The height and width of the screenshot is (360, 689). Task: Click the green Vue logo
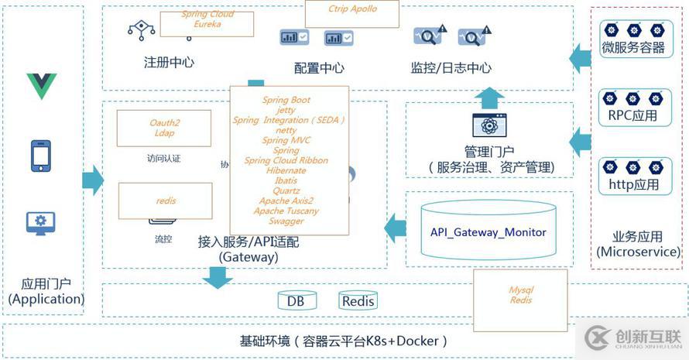point(42,86)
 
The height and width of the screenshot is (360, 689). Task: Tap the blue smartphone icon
point(41,156)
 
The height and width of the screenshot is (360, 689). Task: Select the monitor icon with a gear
point(41,223)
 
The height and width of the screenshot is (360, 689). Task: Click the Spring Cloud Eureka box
point(207,24)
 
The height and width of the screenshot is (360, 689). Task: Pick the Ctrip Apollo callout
point(352,14)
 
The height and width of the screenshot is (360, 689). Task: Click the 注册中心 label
point(169,63)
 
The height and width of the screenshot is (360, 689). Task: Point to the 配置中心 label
point(319,68)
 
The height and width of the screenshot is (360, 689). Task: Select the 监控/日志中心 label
point(451,68)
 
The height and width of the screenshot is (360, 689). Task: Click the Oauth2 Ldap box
point(163,128)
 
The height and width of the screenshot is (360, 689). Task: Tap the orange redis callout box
point(165,201)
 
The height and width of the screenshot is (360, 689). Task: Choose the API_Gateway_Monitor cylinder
point(488,231)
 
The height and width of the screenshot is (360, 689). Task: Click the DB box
point(295,301)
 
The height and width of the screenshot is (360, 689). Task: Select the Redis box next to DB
point(358,301)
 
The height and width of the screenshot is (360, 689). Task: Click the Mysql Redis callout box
point(520,294)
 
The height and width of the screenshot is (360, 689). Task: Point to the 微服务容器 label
point(632,49)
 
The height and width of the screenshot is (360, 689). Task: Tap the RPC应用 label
point(632,117)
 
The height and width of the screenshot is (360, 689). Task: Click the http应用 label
point(632,184)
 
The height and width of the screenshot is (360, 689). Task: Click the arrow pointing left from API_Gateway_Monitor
point(396,227)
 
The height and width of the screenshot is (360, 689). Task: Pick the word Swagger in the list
point(286,221)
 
